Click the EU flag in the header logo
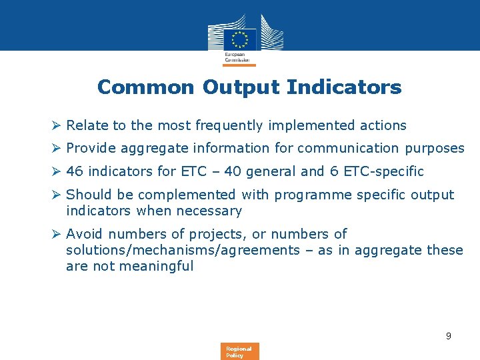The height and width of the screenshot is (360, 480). click(x=239, y=39)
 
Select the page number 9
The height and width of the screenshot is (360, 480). click(x=449, y=336)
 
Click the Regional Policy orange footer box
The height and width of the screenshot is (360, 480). click(x=239, y=351)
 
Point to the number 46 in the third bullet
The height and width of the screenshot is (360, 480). click(x=75, y=171)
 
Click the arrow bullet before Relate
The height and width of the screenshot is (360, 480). click(x=57, y=125)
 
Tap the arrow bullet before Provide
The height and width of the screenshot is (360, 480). click(x=57, y=148)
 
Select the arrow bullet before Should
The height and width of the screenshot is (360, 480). click(x=57, y=195)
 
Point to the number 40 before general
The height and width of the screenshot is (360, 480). click(x=233, y=171)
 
